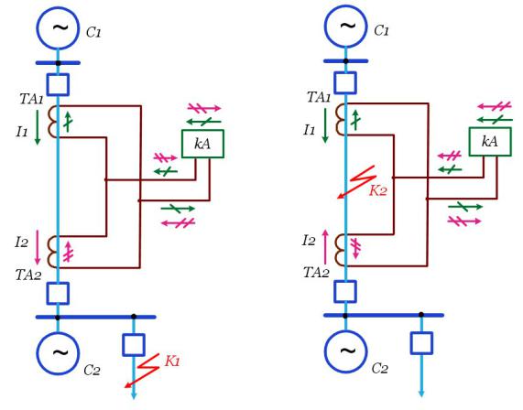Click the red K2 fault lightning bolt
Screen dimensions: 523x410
tap(357, 182)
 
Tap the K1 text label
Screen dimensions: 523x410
tap(172, 361)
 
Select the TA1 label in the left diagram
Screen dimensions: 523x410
tap(32, 99)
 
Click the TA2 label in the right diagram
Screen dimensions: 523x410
tap(316, 273)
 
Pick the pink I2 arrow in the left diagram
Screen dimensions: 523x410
tap(38, 247)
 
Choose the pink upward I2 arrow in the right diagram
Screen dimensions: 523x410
tap(325, 247)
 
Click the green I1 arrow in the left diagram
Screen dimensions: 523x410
tap(38, 127)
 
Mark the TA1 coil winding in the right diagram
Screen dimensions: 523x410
tap(340, 119)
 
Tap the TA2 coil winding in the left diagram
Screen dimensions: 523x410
tap(52, 252)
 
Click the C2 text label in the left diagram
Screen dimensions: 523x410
tap(92, 370)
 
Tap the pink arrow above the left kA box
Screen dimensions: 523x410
tap(204, 108)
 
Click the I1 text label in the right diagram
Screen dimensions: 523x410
tap(310, 130)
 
